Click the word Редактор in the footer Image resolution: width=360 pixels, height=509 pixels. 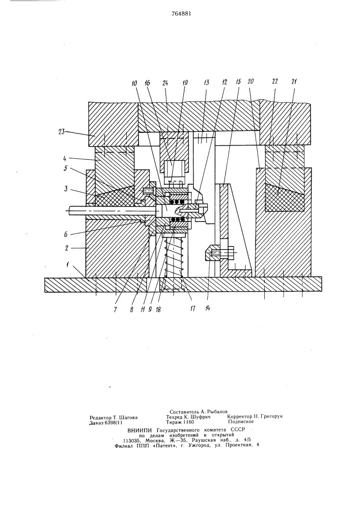click(102, 416)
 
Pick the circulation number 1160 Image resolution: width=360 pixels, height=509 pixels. click(186, 422)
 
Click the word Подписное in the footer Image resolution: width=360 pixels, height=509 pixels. click(241, 422)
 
